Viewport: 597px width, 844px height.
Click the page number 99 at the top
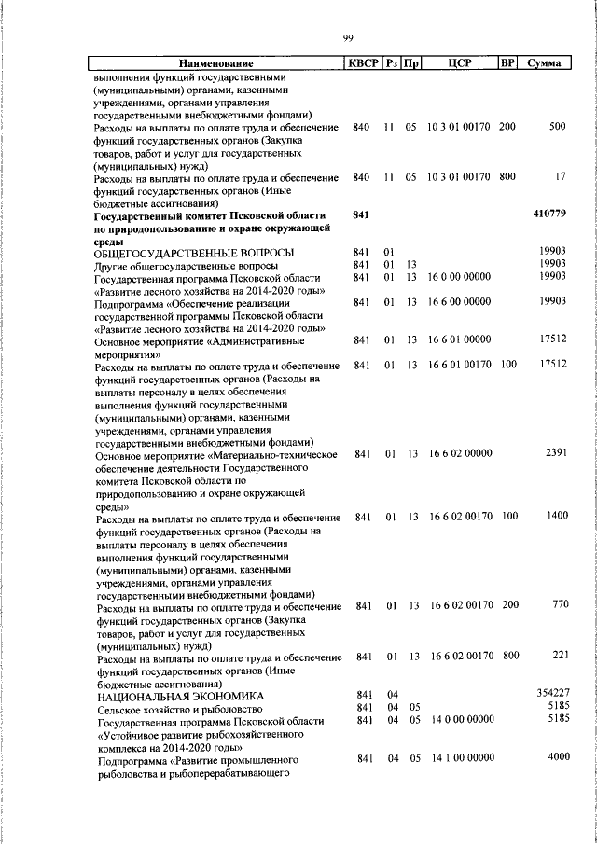pos(347,37)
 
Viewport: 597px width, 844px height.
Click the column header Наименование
pos(216,63)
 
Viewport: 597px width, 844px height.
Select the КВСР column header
pos(363,63)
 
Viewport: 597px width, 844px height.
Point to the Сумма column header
pos(544,63)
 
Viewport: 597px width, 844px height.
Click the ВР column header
pos(507,63)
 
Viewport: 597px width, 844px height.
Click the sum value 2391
pos(556,453)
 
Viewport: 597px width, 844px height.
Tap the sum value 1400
pos(556,516)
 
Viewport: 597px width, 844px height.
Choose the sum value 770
pos(560,605)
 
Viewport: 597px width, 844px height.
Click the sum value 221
pos(560,657)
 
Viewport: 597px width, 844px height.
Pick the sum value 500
pos(558,126)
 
